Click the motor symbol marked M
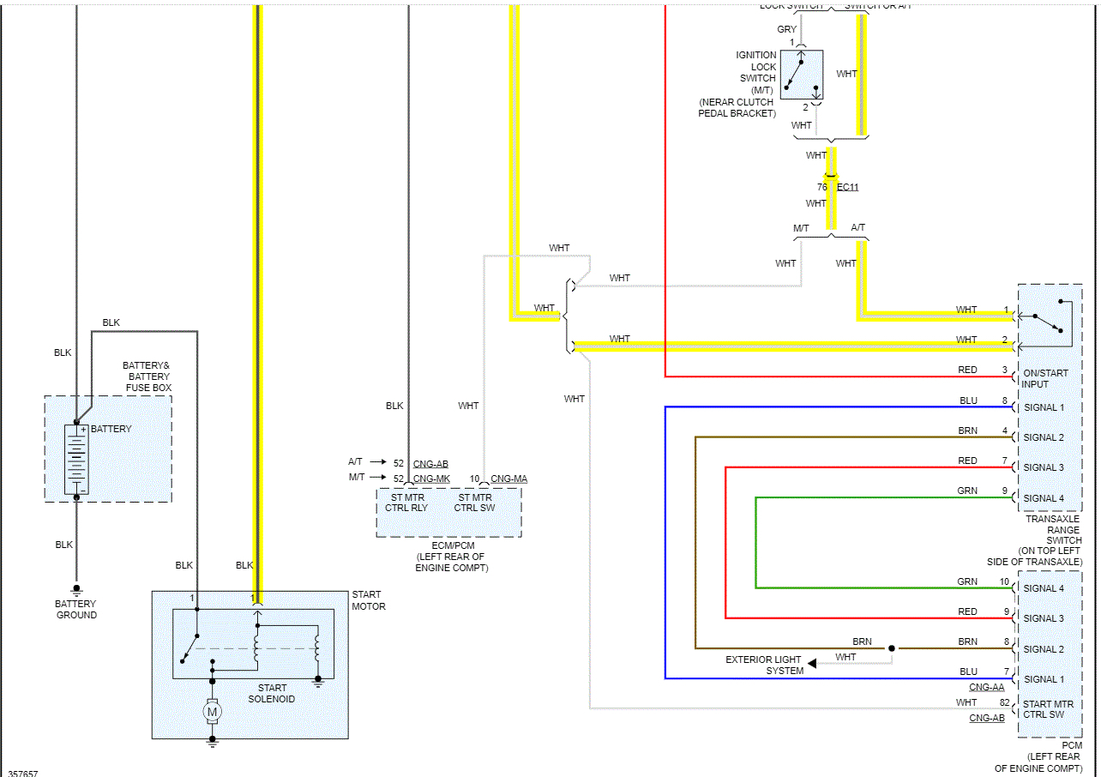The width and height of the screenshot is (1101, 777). [212, 711]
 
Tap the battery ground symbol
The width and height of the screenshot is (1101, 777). [76, 591]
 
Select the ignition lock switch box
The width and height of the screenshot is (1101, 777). [802, 75]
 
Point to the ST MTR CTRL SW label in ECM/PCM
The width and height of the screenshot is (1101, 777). [474, 503]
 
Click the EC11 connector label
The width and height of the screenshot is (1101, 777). [847, 187]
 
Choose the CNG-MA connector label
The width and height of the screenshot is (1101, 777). [509, 479]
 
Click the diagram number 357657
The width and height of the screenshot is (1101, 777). [23, 773]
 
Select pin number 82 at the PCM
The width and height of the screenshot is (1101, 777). [1005, 703]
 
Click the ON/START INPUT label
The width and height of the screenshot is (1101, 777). [1045, 378]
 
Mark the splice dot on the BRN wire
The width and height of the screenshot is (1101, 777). [892, 648]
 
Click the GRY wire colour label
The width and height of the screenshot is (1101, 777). [786, 29]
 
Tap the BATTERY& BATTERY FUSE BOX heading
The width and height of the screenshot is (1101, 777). [147, 376]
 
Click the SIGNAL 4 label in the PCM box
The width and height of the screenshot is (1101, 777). [1044, 588]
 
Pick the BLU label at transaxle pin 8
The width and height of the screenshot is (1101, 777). [968, 401]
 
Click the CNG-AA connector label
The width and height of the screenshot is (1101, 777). [986, 688]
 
